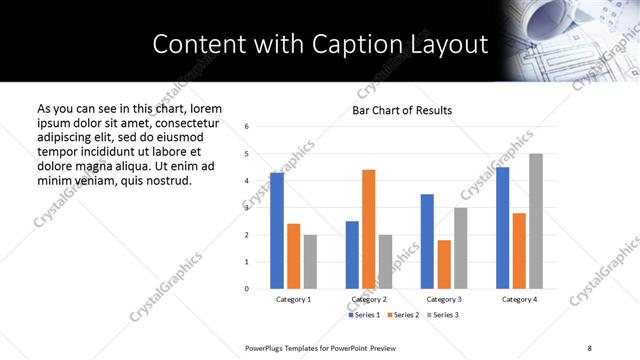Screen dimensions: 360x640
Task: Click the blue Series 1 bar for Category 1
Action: pyautogui.click(x=277, y=231)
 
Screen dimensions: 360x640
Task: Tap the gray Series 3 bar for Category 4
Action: pyautogui.click(x=535, y=221)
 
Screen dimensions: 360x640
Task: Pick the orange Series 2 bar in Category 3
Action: pyautogui.click(x=443, y=264)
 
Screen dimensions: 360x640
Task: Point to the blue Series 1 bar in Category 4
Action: pyautogui.click(x=502, y=228)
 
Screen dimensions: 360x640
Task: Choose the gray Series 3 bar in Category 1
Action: pyautogui.click(x=310, y=261)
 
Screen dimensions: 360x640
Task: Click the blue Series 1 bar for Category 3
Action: pyautogui.click(x=427, y=241)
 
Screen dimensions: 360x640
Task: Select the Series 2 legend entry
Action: pyautogui.click(x=403, y=315)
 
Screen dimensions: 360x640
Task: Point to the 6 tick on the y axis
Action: pyautogui.click(x=247, y=126)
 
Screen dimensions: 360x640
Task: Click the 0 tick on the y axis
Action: pyautogui.click(x=247, y=289)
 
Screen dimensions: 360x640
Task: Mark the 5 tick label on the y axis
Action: pyautogui.click(x=247, y=153)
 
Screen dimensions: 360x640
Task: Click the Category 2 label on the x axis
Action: pyautogui.click(x=368, y=299)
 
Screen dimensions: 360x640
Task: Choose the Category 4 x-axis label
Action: pyautogui.click(x=519, y=299)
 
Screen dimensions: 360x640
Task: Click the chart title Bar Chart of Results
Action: pyautogui.click(x=402, y=110)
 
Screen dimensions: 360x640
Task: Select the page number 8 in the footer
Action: pyautogui.click(x=589, y=346)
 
